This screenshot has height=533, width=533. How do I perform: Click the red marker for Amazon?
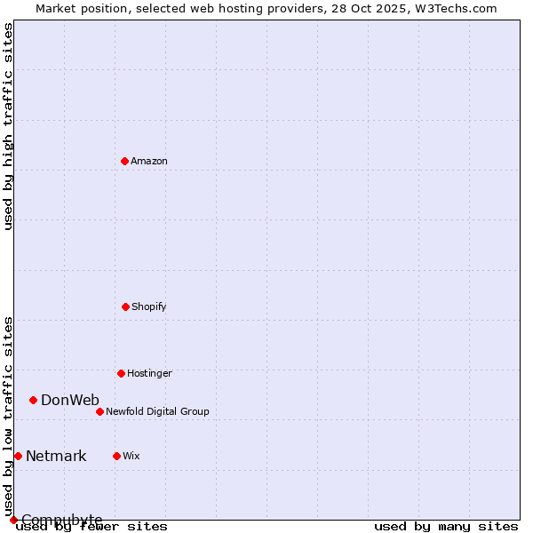click(x=125, y=161)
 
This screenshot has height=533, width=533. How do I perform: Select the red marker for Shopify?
click(x=125, y=306)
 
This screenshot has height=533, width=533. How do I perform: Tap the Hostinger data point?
click(x=121, y=373)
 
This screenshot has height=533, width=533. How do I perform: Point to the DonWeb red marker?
click(x=33, y=400)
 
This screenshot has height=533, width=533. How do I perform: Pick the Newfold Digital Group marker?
click(x=99, y=411)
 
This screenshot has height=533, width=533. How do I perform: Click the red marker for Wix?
click(x=116, y=456)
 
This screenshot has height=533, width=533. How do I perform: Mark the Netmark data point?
click(x=18, y=456)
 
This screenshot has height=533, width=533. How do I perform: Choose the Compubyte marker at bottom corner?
click(x=13, y=520)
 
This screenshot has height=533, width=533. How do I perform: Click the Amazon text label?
click(x=149, y=161)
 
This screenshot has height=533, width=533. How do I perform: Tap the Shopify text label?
click(x=149, y=306)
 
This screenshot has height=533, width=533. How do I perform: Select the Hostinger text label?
click(x=149, y=373)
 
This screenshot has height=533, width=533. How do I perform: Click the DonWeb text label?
click(x=70, y=400)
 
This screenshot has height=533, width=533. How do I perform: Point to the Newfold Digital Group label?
click(x=157, y=411)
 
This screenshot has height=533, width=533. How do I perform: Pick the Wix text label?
click(x=131, y=456)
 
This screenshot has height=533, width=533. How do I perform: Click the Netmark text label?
click(x=56, y=457)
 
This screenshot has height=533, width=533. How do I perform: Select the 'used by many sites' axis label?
click(x=446, y=526)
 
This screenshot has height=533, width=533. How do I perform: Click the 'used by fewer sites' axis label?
click(x=92, y=526)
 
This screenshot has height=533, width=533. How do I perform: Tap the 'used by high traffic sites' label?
click(x=8, y=126)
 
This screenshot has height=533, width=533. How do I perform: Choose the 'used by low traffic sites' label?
click(x=8, y=416)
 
